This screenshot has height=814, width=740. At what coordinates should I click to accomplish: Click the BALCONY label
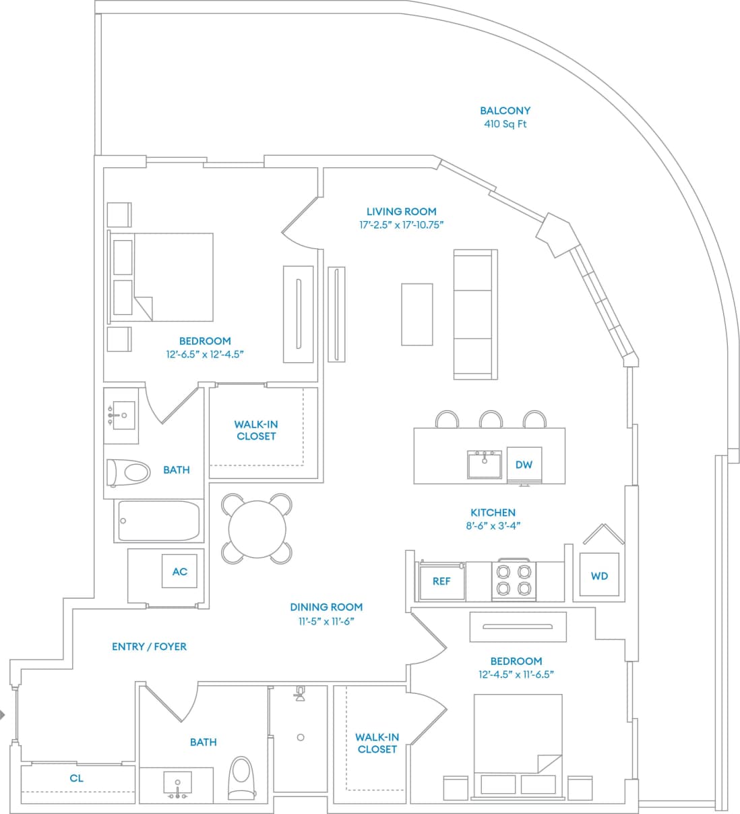coord(505,111)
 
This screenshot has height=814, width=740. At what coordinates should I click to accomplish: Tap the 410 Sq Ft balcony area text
coord(505,124)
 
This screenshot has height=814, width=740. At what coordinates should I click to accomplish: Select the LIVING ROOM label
coord(401,211)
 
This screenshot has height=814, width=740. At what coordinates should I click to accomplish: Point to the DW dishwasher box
coord(524,465)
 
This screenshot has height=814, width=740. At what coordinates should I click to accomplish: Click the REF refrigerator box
coord(441,581)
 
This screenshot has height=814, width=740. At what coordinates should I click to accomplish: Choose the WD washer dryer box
coord(599,576)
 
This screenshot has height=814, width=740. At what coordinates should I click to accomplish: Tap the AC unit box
coord(179,571)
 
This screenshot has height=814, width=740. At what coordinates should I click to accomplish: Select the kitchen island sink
coord(485,465)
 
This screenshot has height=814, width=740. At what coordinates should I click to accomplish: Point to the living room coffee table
coord(417,314)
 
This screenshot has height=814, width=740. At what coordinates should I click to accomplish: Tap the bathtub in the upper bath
coord(159,521)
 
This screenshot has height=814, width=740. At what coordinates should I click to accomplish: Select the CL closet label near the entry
coord(77,778)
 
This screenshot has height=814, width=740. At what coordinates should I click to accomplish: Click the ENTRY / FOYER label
coord(149,646)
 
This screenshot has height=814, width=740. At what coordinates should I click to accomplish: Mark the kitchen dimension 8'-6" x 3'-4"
coord(493,526)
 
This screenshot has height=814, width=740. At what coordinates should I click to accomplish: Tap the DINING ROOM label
coord(326,607)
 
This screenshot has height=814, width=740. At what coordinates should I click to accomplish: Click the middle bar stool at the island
coord(491,419)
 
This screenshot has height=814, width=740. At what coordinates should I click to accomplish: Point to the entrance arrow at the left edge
coord(3,715)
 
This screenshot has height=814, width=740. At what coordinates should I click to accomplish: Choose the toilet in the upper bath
coord(129,472)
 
